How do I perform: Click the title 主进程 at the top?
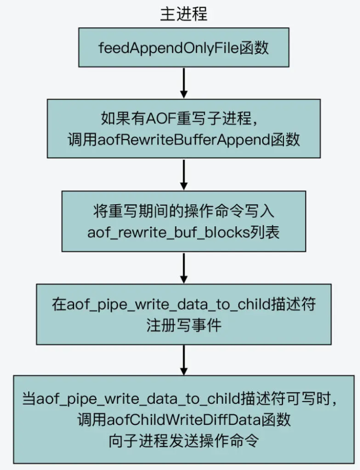pyautogui.click(x=184, y=14)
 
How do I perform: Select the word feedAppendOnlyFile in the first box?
pyautogui.click(x=169, y=48)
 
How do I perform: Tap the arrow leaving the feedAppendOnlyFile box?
pyautogui.click(x=184, y=83)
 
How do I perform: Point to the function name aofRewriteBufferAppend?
pyautogui.click(x=184, y=139)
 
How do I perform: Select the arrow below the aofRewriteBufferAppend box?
pyautogui.click(x=184, y=175)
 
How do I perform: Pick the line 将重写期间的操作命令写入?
pyautogui.click(x=184, y=211)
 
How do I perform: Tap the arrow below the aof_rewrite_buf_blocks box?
pyautogui.click(x=184, y=268)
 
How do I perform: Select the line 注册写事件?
pyautogui.click(x=184, y=325)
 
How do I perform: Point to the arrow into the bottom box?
pyautogui.click(x=184, y=360)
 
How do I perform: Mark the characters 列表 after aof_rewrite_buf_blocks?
pyautogui.click(x=265, y=232)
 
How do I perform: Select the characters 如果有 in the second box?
pyautogui.click(x=123, y=118)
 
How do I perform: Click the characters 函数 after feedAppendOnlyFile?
pyautogui.click(x=254, y=48)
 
